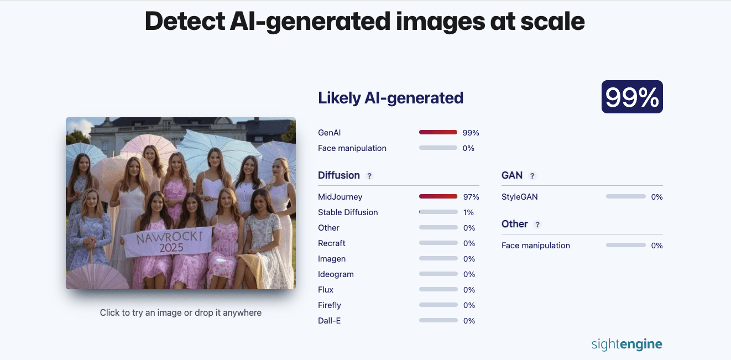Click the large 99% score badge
coord(632,97)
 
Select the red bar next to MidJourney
coord(438,196)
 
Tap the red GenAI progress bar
coord(438,132)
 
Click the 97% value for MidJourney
coord(471,197)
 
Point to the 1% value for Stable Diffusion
coord(468,212)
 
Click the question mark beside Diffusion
coord(369,176)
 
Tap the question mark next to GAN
coord(532,176)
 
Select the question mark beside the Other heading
coord(537,225)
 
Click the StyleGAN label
coord(520,197)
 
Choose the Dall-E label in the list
coord(329,321)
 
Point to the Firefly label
coord(330,305)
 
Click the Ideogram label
coord(336,274)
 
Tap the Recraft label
coord(332,243)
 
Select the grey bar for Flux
coord(438,289)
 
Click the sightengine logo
coord(627,344)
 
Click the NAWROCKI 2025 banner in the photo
coord(168,243)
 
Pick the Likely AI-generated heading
coord(390,97)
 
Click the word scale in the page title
coord(552,21)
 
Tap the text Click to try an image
coord(142,312)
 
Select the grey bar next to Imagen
coord(438,258)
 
